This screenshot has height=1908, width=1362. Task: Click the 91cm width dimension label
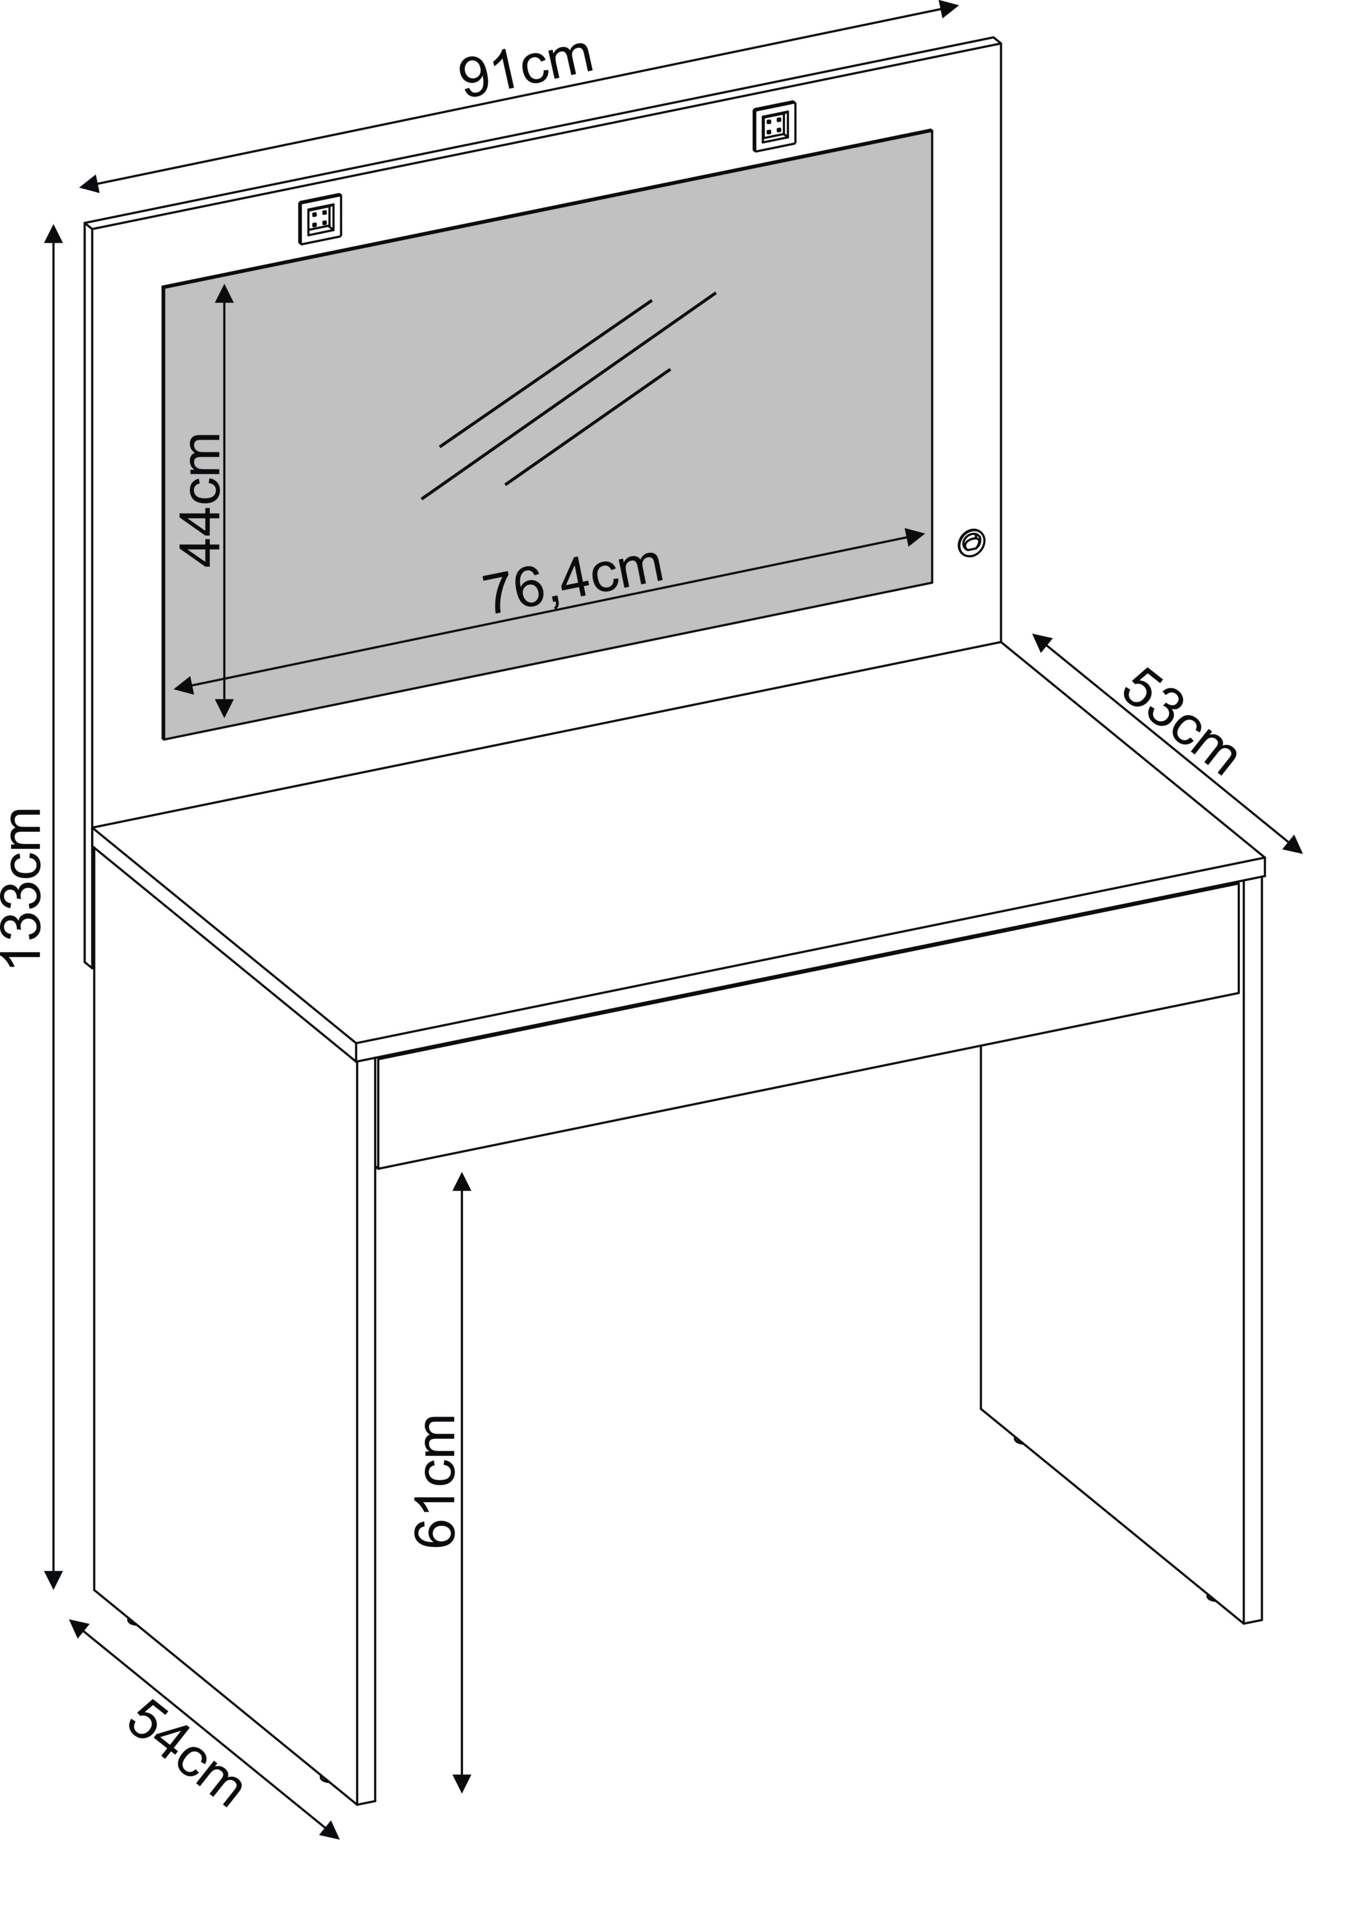tap(527, 67)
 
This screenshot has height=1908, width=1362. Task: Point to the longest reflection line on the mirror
tap(568, 396)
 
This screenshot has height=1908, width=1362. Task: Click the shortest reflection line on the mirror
tap(588, 427)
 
